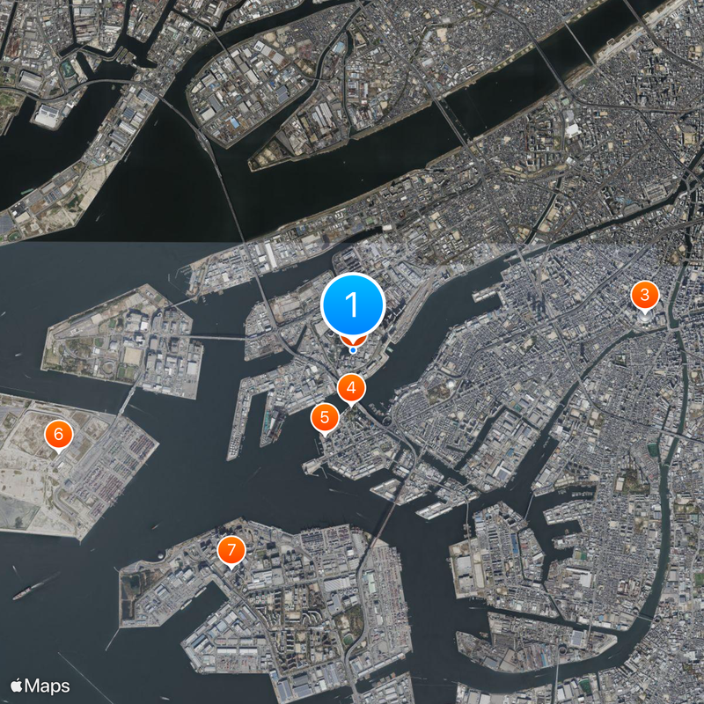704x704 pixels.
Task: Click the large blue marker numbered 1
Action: tap(353, 304)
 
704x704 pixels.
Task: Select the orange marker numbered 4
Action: tap(351, 387)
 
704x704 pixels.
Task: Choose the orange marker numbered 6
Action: tap(58, 433)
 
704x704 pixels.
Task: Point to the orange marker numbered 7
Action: tap(231, 551)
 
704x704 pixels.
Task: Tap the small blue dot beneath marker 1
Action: tap(353, 350)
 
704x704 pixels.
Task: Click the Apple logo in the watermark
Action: tap(17, 685)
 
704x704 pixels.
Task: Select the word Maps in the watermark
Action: tap(48, 686)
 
